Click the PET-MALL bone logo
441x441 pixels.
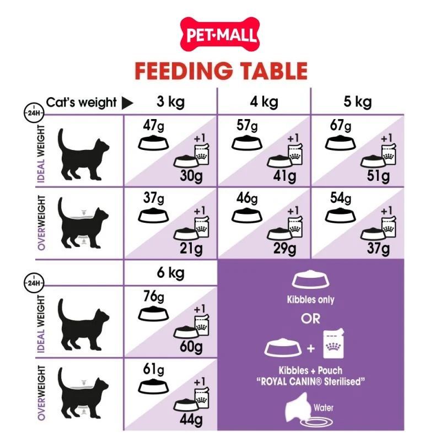(219, 34)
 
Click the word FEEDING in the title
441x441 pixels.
(184, 71)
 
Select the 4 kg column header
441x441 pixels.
(264, 102)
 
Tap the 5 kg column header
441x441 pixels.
(357, 102)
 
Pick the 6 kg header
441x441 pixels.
(171, 273)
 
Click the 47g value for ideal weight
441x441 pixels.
(153, 126)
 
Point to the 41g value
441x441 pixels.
(284, 176)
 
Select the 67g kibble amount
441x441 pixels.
(341, 126)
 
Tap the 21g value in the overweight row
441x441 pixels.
(191, 249)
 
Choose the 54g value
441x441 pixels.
(341, 198)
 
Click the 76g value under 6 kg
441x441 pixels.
(154, 297)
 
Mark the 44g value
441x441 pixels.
(191, 420)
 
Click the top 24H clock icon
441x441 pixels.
(34, 112)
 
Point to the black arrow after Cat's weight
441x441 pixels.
(127, 103)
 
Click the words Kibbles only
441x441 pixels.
(310, 300)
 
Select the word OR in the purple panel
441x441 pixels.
(310, 319)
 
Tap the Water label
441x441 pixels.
(324, 407)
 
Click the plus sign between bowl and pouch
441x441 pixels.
(311, 349)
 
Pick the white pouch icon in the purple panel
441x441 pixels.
(334, 343)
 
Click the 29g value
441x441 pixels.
(284, 249)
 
